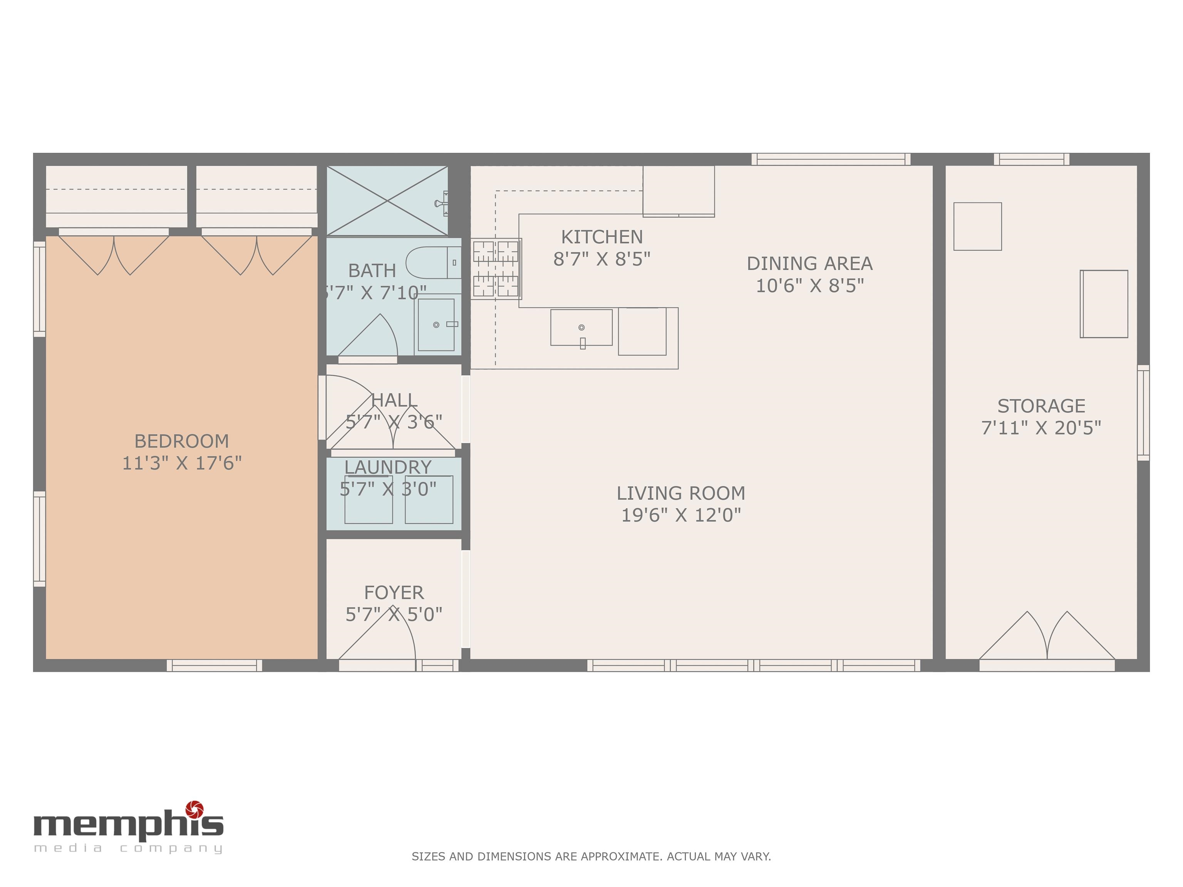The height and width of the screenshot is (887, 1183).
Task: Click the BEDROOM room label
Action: (181, 441)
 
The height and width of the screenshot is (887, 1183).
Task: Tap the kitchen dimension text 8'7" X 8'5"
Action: (602, 259)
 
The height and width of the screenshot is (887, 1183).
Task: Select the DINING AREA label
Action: (809, 264)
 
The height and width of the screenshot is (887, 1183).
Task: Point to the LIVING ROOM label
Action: (680, 493)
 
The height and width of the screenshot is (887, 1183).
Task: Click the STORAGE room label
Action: (1041, 406)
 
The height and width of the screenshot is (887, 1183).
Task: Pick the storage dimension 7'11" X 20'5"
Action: (1041, 428)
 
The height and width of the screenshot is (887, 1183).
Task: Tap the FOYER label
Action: (394, 592)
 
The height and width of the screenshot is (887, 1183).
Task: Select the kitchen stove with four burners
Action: (496, 268)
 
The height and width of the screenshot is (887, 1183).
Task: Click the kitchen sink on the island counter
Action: (581, 327)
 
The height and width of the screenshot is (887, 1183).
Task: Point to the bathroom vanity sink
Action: (436, 325)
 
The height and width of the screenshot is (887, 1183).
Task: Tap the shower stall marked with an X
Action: (387, 201)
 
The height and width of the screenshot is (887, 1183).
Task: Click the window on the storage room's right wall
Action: (1143, 413)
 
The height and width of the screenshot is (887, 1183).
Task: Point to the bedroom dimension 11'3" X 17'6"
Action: (181, 463)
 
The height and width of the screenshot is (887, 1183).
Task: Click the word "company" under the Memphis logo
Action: (171, 849)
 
